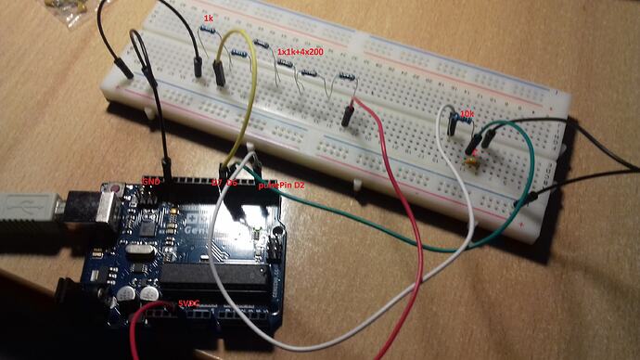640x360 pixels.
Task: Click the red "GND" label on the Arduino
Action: coord(150,179)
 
